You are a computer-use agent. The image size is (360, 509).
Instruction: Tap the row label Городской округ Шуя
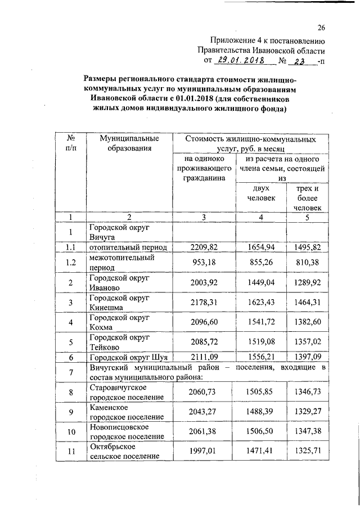click(x=129, y=357)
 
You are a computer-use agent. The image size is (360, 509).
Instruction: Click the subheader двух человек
click(x=260, y=193)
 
